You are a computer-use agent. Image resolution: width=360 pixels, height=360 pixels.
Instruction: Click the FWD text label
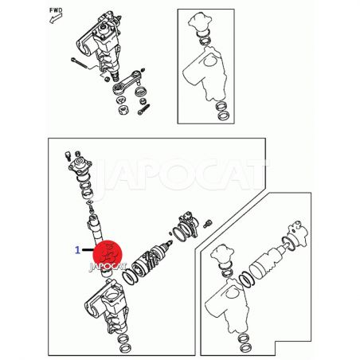tap(56, 10)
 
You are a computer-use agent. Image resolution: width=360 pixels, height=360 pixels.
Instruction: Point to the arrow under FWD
tap(56, 18)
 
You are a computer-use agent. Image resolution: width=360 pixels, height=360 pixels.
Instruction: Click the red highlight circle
tap(108, 255)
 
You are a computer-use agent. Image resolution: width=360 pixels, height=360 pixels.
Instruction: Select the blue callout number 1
tap(77, 250)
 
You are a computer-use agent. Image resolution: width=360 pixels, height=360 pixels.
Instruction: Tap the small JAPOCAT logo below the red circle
tap(108, 267)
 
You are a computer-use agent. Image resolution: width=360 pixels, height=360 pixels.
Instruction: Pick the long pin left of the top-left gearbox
tap(80, 64)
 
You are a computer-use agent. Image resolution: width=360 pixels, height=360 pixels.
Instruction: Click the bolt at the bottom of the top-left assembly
tap(143, 109)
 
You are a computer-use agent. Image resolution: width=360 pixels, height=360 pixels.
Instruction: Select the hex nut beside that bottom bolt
tap(123, 109)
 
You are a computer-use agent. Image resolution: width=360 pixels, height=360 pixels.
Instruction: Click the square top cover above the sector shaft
tap(80, 165)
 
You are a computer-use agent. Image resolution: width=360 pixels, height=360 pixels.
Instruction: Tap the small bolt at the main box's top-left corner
tap(68, 156)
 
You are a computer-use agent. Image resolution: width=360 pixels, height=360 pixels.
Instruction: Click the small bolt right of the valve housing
tap(207, 224)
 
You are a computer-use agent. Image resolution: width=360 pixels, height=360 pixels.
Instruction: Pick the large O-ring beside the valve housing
tap(180, 233)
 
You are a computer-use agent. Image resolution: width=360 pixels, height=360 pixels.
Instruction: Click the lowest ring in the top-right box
tap(224, 115)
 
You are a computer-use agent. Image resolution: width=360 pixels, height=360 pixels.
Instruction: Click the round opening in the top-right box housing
tap(209, 61)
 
